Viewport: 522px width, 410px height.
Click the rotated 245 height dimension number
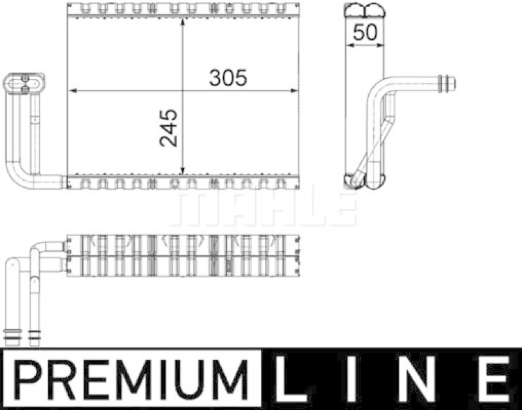click(168, 128)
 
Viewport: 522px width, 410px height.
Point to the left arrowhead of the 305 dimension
click(71, 91)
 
